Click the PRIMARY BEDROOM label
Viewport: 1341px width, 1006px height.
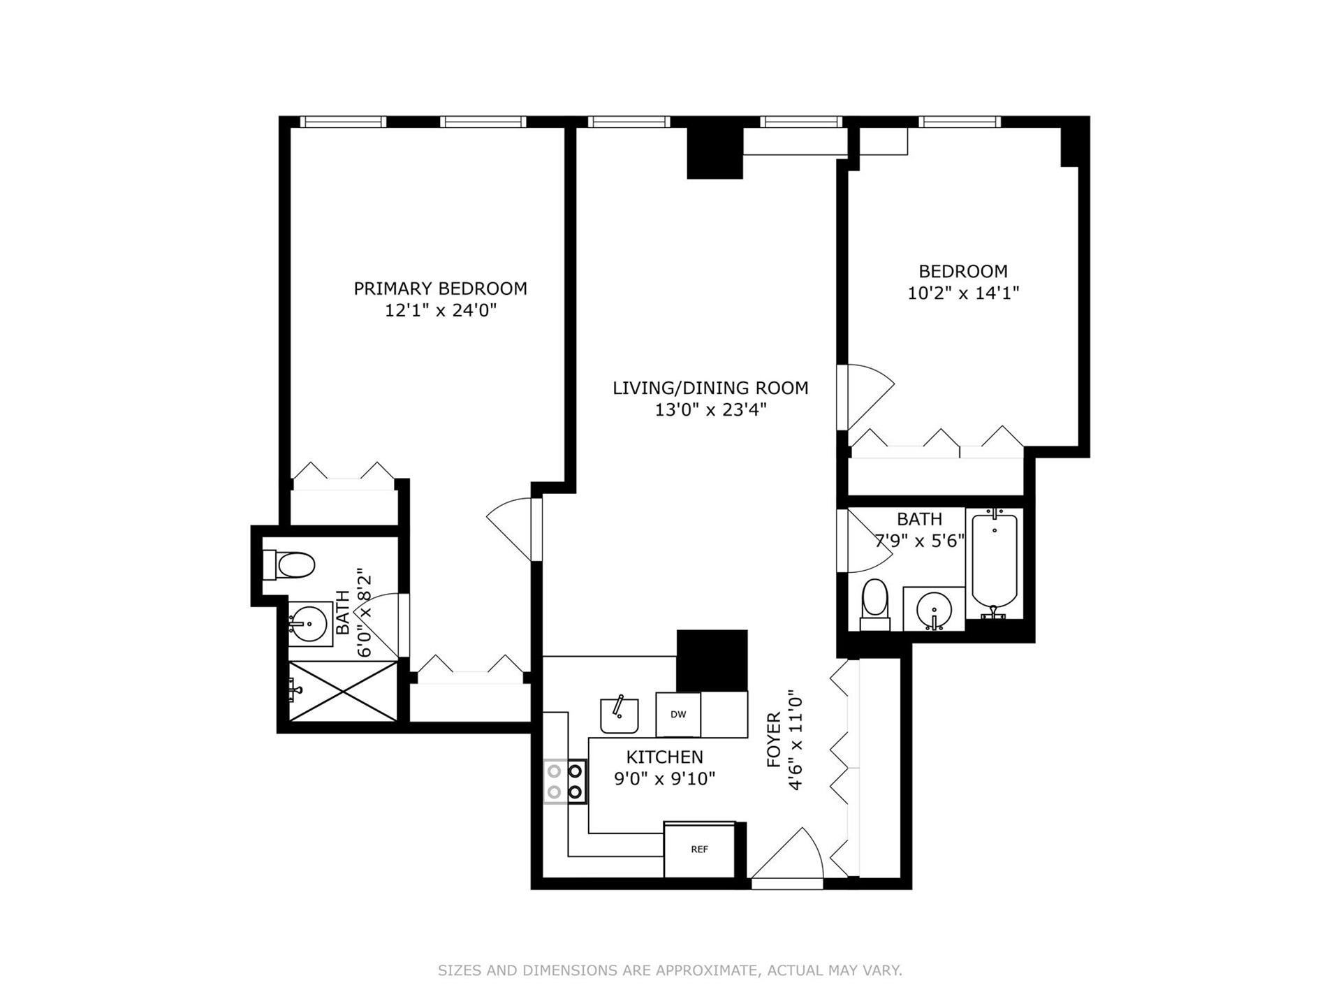click(440, 289)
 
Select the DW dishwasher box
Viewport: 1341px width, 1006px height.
click(677, 714)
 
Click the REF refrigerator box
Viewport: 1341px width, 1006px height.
click(699, 850)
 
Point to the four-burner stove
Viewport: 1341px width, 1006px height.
click(565, 781)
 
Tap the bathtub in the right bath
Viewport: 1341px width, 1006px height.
click(994, 562)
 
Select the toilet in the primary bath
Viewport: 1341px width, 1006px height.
click(290, 565)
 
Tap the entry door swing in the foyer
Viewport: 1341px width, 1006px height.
click(789, 856)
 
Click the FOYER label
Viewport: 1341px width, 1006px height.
click(773, 740)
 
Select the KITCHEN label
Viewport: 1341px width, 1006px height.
click(664, 757)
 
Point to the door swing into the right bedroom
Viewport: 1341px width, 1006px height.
click(866, 395)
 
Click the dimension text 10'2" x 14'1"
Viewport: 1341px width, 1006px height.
click(963, 293)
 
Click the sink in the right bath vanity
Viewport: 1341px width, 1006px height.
click(934, 608)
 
